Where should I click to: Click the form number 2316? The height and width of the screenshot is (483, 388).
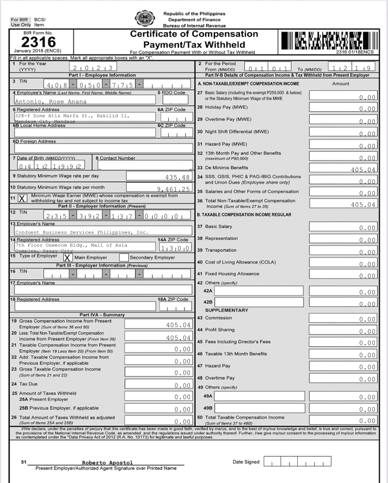pos(38,42)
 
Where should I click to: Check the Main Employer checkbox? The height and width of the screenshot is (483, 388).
pos(67,257)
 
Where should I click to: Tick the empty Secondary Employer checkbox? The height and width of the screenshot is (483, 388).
pos(124,257)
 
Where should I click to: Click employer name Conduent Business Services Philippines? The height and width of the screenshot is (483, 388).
pos(82,232)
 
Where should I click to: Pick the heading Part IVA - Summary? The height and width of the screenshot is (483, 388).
pos(102,315)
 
